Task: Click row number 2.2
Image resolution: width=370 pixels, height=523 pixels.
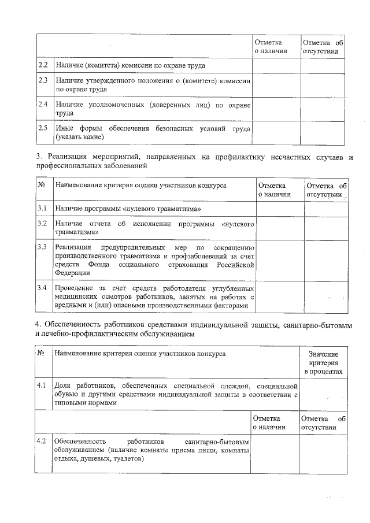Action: pos(42,66)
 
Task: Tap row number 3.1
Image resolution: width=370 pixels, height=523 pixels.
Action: pos(42,207)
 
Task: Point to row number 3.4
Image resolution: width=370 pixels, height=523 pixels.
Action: pos(42,287)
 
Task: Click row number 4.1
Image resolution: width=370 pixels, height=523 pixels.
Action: pos(42,385)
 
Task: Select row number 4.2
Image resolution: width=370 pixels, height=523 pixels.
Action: pos(42,441)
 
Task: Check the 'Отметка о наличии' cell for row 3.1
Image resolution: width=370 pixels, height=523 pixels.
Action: pos(280,208)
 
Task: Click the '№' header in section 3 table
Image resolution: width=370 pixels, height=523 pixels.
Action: pos(42,186)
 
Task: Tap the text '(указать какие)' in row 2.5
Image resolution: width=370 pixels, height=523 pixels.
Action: pos(80,137)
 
